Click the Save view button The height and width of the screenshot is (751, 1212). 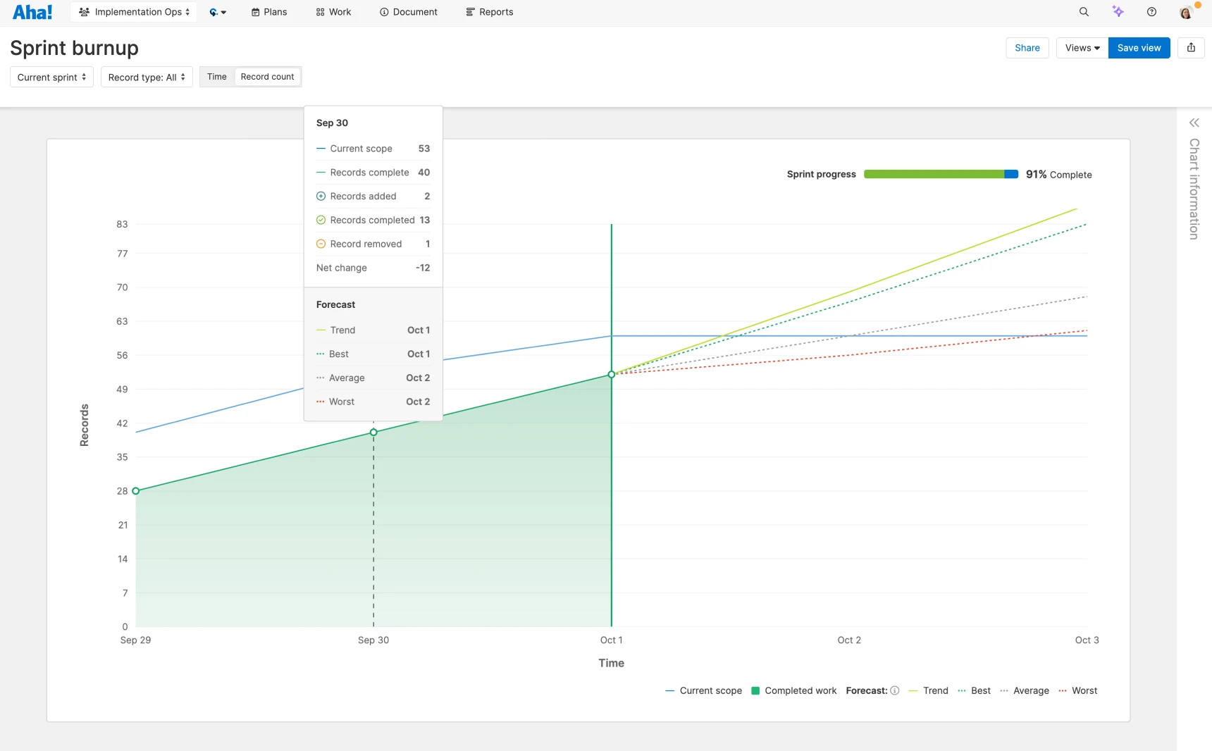click(1139, 48)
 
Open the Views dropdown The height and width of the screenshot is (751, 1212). click(1082, 48)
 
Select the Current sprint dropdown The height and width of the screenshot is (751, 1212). click(51, 77)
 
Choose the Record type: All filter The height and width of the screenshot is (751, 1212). click(147, 77)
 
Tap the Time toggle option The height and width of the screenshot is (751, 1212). click(217, 77)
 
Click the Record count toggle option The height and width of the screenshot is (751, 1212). click(267, 77)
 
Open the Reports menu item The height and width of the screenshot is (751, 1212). click(490, 12)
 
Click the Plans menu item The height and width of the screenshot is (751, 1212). click(269, 12)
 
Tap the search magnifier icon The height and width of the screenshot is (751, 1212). click(1084, 12)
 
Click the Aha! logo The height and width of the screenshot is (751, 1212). click(32, 12)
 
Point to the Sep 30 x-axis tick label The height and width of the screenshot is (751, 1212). click(373, 640)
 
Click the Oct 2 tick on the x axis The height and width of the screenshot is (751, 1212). click(849, 640)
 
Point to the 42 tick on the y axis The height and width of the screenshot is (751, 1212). click(123, 423)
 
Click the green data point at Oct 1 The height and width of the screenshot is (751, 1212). click(612, 375)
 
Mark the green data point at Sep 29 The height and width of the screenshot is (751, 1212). click(136, 491)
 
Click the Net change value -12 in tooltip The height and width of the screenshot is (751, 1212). click(423, 268)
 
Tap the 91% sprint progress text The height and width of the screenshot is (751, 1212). click(1036, 175)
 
